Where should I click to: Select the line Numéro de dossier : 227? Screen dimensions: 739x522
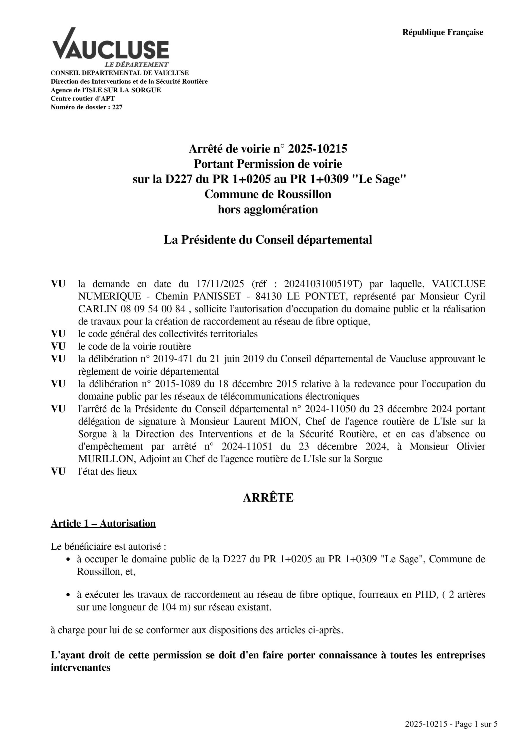87,107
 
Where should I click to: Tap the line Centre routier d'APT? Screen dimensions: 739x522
83,98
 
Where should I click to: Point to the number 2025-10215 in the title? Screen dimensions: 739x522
317,149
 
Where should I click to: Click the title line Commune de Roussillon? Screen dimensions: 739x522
268,194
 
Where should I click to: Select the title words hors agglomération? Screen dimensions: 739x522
268,209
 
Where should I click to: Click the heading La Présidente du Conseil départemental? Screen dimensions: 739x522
268,240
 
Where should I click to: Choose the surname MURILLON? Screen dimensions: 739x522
100,459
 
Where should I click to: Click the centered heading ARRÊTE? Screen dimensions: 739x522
268,498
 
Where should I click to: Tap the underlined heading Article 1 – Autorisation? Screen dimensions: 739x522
103,523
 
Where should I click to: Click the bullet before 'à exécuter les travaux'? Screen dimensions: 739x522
68,595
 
